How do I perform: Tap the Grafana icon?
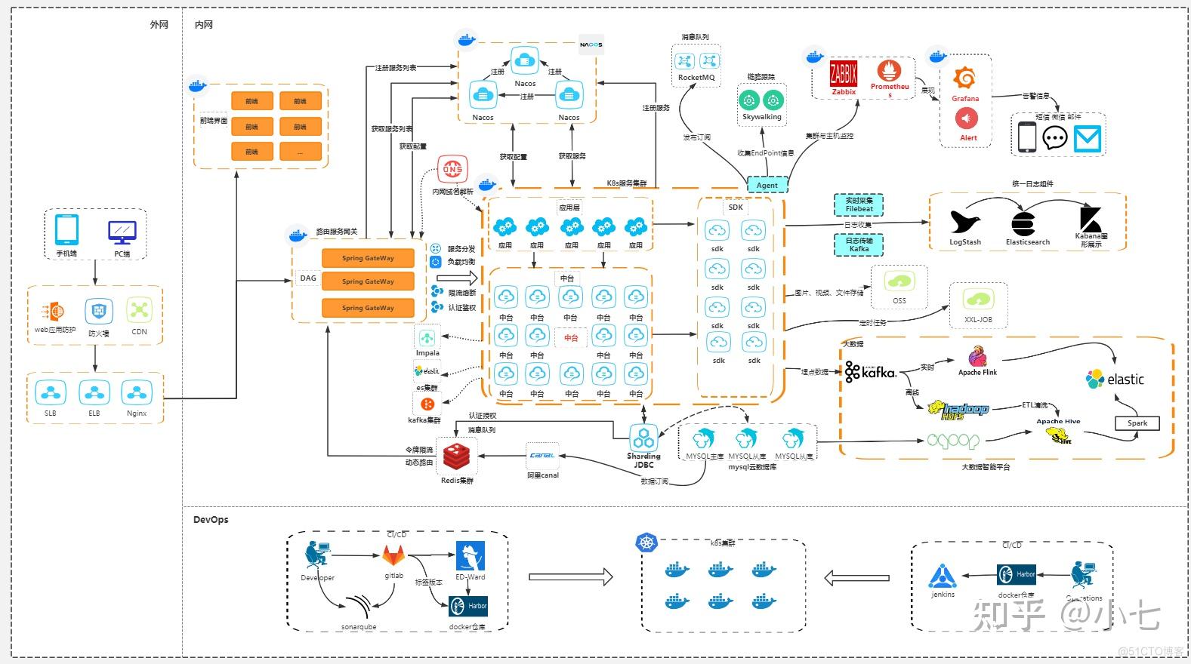coord(964,78)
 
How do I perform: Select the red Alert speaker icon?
coord(967,118)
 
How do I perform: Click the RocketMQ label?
coord(696,78)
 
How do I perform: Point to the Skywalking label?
coord(761,117)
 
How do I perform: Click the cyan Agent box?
coord(767,185)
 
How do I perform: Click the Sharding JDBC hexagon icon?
coord(643,437)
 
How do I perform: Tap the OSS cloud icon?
coord(899,282)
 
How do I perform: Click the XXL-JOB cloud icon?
coord(978,300)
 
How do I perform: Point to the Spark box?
coord(1137,423)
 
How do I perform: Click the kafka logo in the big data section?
coord(870,371)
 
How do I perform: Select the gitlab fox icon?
coord(393,557)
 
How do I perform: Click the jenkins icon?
coord(943,576)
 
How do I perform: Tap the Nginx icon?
coord(136,393)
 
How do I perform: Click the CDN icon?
coord(140,310)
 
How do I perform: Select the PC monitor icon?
coord(122,232)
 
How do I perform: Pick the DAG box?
coord(308,278)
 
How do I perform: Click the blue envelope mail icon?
coord(1088,138)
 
